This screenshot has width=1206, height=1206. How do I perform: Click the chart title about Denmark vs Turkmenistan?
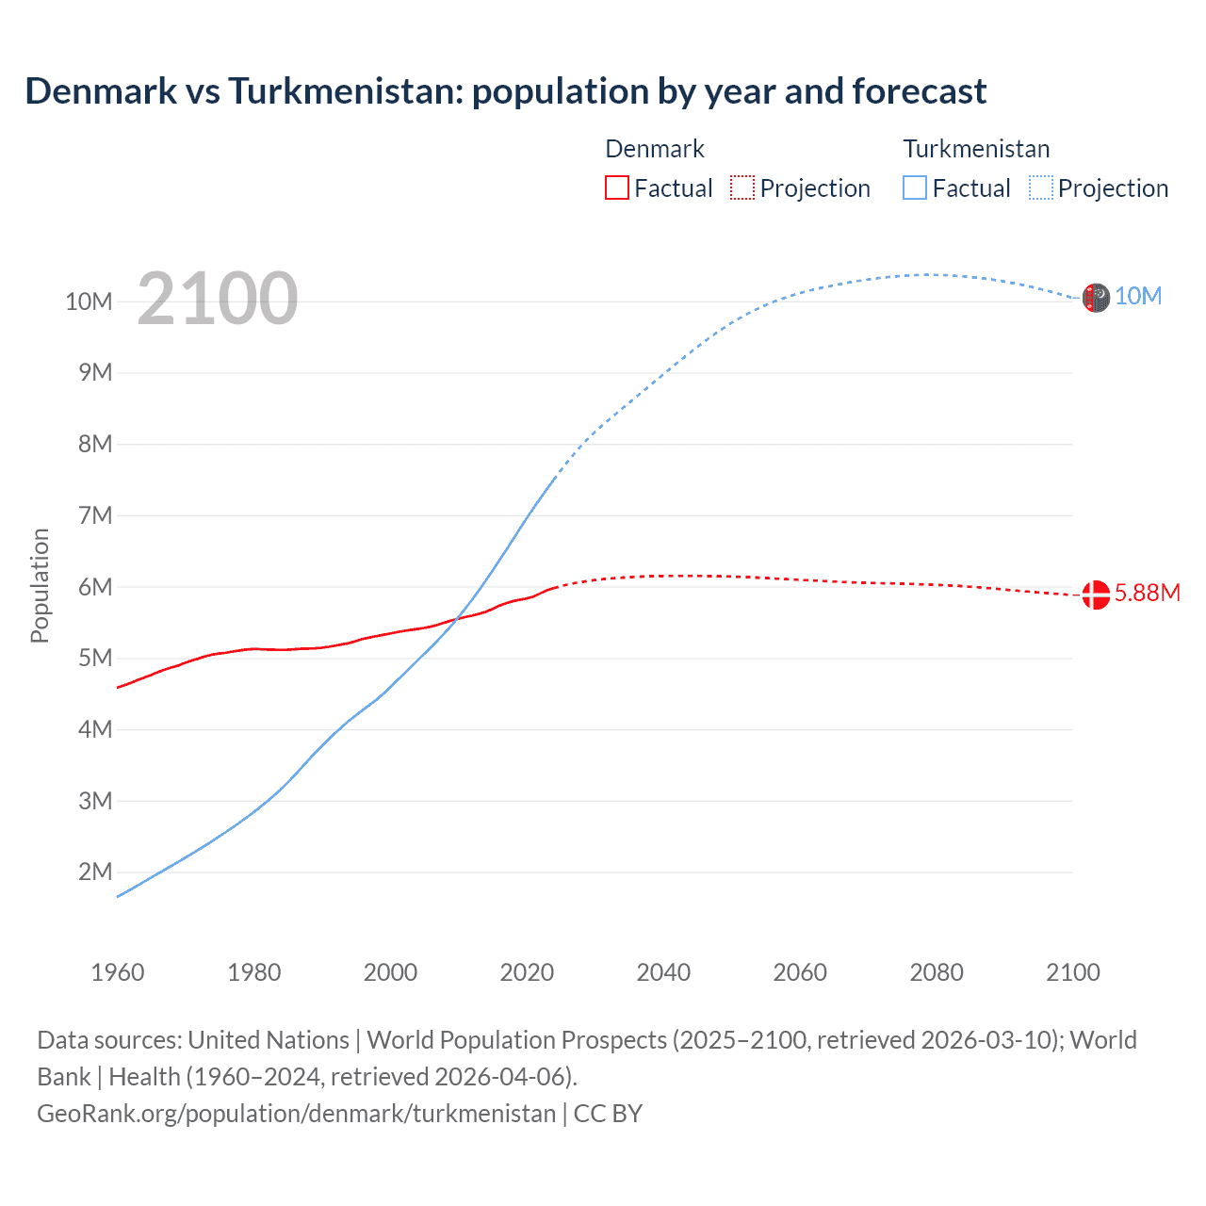[x=505, y=91]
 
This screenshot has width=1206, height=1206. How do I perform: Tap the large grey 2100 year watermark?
[x=218, y=299]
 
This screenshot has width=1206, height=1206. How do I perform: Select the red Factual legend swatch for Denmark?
[x=616, y=187]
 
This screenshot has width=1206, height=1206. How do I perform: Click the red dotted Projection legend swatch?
[x=742, y=187]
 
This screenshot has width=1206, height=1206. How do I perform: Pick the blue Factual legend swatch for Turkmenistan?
[x=915, y=187]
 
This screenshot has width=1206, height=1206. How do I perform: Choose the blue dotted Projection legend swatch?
[x=1041, y=187]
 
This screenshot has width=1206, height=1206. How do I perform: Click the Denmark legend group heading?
[x=655, y=149]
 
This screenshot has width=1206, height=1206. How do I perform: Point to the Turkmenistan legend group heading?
[x=976, y=149]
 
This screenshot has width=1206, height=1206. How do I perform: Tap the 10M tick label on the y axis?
[x=89, y=301]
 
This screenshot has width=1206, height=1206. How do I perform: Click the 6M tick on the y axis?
[x=95, y=587]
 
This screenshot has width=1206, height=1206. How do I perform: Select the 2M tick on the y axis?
[x=95, y=872]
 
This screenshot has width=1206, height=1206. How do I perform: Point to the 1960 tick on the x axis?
[x=118, y=972]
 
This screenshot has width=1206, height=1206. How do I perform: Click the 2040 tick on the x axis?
[x=663, y=972]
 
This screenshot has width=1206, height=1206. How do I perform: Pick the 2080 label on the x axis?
[x=937, y=972]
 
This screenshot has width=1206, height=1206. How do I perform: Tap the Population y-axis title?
[x=40, y=585]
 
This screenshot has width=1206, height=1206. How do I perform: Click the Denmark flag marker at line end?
[x=1096, y=595]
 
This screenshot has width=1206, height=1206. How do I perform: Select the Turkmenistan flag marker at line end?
[x=1096, y=298]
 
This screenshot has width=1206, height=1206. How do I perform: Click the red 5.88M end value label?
[x=1147, y=593]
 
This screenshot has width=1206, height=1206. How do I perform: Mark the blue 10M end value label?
[x=1138, y=296]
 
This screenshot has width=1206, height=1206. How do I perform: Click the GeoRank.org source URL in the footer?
[x=297, y=1113]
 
